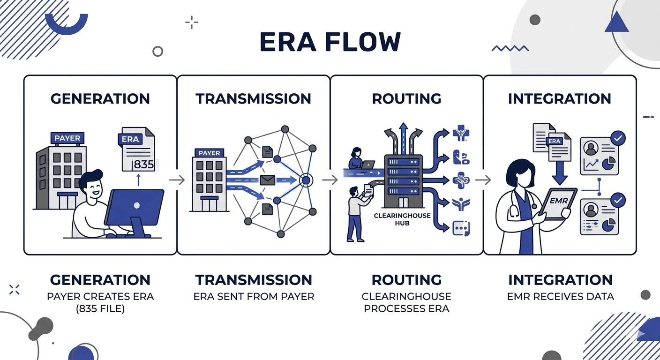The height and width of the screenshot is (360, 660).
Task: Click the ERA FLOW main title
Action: pyautogui.click(x=330, y=42)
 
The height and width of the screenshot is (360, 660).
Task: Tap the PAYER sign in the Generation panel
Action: pyautogui.click(x=68, y=138)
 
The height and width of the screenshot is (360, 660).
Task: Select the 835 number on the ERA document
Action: pyautogui.click(x=141, y=165)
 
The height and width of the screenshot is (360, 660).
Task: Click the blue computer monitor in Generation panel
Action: pyautogui.click(x=135, y=206)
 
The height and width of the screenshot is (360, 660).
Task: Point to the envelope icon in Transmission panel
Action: pyautogui.click(x=267, y=180)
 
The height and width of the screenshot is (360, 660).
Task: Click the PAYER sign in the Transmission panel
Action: pyautogui.click(x=209, y=153)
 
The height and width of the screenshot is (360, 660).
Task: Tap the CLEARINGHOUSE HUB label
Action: pyautogui.click(x=396, y=219)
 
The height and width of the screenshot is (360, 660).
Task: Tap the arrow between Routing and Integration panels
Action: pyautogui.click(x=483, y=180)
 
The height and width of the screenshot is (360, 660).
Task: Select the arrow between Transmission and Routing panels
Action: pyautogui.click(x=330, y=180)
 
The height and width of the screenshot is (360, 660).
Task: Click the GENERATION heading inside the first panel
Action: pyautogui.click(x=100, y=99)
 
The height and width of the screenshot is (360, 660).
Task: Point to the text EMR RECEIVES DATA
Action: pyautogui.click(x=560, y=296)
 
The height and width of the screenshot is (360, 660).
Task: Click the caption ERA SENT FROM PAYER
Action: pyautogui.click(x=254, y=296)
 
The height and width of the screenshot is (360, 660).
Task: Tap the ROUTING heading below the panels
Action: pyautogui.click(x=406, y=280)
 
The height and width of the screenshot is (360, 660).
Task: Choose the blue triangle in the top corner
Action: pyautogui.click(x=616, y=22)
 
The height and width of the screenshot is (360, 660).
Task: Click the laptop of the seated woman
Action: pyautogui.click(x=367, y=165)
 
